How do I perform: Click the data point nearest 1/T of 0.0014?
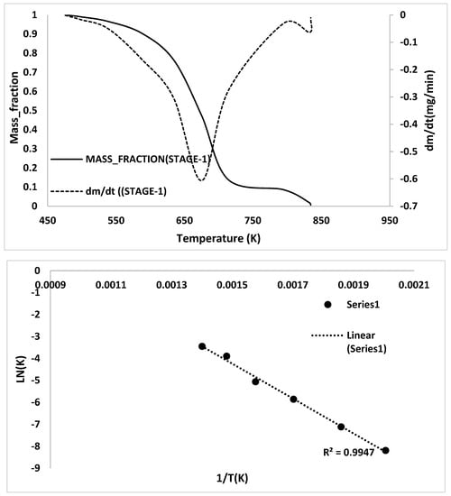click(x=202, y=346)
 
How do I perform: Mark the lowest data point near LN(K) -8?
click(x=385, y=450)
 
